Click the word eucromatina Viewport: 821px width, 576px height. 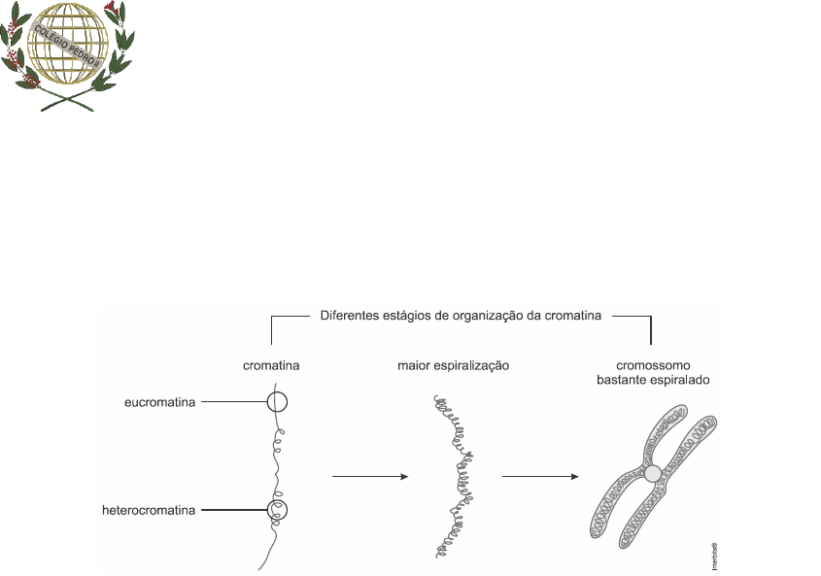coord(160,401)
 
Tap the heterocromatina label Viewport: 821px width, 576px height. coord(148,509)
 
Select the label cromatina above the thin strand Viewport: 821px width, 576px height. coord(270,366)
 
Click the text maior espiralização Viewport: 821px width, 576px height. coord(454,366)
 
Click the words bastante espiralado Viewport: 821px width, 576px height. coord(652,380)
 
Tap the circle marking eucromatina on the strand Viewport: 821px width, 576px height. coord(278,401)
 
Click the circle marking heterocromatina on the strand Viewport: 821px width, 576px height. coord(279,509)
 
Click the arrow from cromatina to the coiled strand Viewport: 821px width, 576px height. coord(369,476)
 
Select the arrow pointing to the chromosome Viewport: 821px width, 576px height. coord(540,476)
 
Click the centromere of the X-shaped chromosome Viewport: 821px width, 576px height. coord(653,473)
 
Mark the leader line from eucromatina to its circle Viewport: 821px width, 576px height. coord(233,401)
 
